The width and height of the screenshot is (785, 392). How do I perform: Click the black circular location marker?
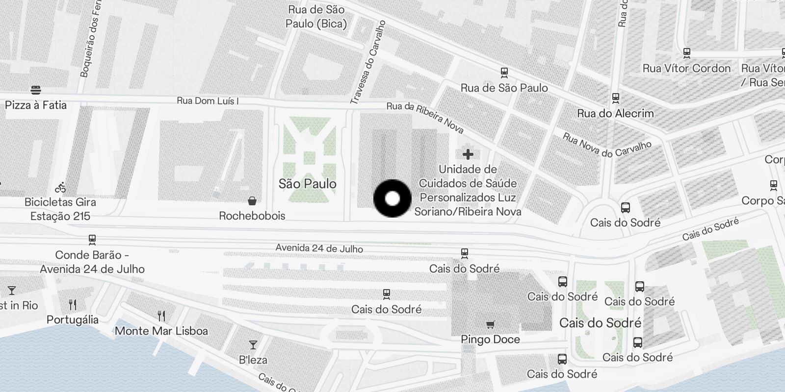pos(392,198)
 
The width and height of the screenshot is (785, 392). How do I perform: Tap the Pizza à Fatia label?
pos(35,105)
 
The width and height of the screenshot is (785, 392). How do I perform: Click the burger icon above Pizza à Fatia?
pos(35,90)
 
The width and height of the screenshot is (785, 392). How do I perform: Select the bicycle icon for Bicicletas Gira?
pos(60,187)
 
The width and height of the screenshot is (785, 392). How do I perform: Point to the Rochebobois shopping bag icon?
pos(252,201)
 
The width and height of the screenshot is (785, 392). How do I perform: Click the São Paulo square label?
pos(308,184)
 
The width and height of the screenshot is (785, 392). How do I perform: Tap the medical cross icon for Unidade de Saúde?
pos(468,154)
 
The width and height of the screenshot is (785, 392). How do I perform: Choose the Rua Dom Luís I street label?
pos(208,101)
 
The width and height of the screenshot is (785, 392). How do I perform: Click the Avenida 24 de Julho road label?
pos(319,248)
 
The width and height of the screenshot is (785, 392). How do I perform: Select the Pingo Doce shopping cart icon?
pos(490,324)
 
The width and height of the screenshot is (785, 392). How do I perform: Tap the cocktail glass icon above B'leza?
pos(253,345)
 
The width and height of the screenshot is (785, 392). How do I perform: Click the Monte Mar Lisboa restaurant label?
pos(161,331)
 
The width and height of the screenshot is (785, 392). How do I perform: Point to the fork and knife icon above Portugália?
pos(73,305)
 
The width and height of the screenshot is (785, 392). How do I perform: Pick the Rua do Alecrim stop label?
pos(615,113)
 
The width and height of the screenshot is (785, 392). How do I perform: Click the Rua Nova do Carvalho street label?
pos(607,146)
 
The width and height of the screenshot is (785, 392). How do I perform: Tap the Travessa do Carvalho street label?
pos(367,63)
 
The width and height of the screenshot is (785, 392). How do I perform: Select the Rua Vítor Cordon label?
pos(686,68)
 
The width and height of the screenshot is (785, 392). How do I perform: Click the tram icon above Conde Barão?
pos(92,240)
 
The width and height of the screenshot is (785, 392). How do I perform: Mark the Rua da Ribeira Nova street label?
pos(425,118)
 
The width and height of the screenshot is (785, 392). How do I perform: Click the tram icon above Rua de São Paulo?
pos(504,73)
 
